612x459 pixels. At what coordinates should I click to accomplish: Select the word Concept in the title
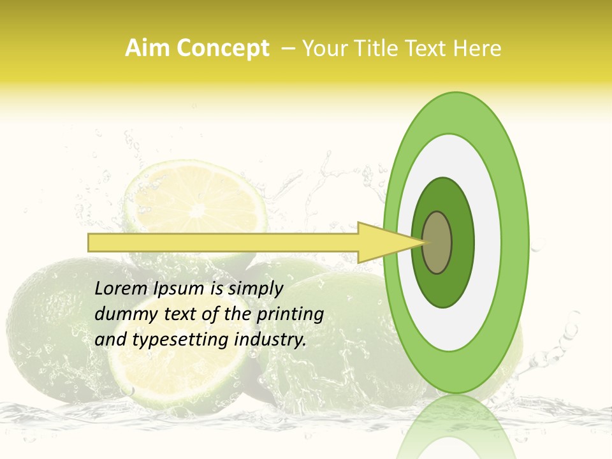222,48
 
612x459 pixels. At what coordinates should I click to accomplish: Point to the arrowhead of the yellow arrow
389,242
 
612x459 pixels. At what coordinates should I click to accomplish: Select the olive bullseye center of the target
437,242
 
